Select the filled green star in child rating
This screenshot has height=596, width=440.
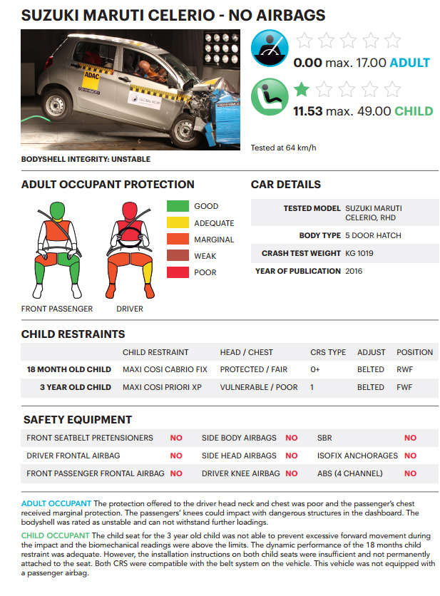coord(302,89)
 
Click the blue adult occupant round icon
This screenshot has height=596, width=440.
coord(270,48)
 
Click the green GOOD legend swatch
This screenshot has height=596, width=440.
coord(177,207)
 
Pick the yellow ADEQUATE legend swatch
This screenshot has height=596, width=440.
coord(177,223)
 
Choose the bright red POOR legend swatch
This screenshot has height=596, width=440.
coord(177,272)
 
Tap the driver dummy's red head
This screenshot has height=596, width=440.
coord(130,210)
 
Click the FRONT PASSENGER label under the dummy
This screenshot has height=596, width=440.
coord(57,309)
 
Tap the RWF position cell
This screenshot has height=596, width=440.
coord(405,369)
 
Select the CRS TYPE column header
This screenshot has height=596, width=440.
coord(328,352)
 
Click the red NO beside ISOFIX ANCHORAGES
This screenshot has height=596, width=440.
coord(410,456)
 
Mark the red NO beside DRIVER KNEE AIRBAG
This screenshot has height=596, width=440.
coord(291,473)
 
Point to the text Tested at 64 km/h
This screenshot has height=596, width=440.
coord(283,148)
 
